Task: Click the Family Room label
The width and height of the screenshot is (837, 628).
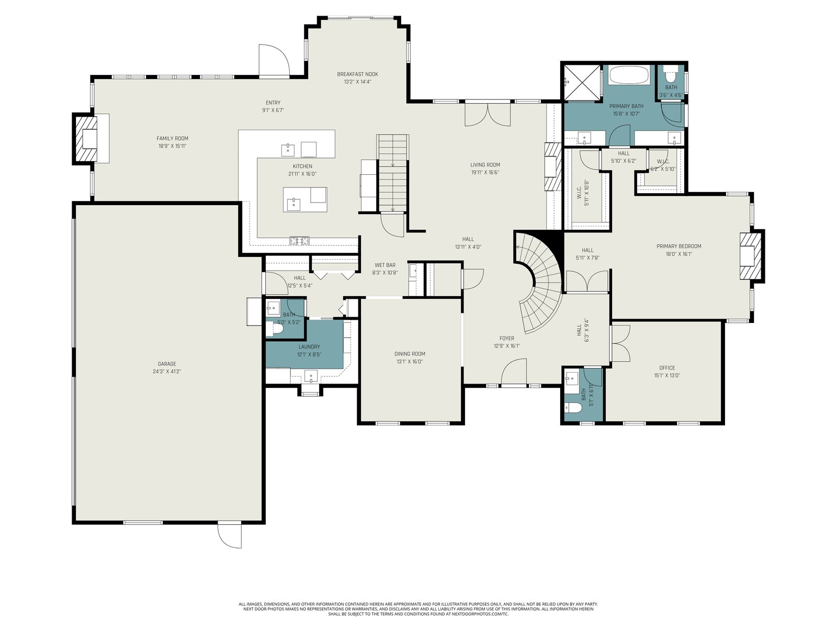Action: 172,138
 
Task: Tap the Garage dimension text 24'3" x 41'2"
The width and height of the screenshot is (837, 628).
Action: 167,372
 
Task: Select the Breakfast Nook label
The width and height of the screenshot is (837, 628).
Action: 358,74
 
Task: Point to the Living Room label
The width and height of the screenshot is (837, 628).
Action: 485,165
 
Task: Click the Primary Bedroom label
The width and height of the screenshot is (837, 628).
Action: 678,246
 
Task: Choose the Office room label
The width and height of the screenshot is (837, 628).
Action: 667,368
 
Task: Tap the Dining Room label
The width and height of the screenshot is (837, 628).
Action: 410,354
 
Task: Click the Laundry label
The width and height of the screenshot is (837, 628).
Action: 309,346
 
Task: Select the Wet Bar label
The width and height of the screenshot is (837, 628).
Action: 384,265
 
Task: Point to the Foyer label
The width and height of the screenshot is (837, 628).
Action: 507,338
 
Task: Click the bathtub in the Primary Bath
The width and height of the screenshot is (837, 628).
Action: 628,75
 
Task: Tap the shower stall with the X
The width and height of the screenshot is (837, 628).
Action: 582,82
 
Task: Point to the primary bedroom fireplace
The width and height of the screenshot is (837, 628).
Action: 751,256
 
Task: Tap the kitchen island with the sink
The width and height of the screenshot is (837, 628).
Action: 305,199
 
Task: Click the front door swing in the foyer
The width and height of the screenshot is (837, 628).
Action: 514,372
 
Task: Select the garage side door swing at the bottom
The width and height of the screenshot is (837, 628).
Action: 230,535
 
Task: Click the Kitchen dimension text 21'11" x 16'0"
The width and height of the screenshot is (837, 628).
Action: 302,174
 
